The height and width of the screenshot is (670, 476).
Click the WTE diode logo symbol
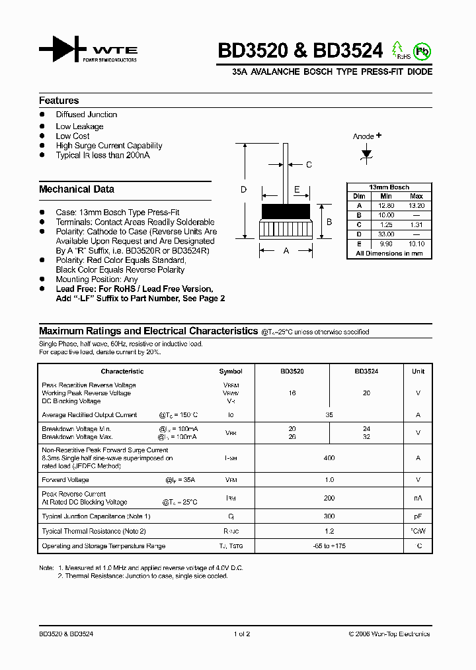[x=62, y=50]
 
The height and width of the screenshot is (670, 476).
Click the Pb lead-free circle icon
[x=421, y=51]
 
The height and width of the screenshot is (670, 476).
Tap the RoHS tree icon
[x=398, y=50]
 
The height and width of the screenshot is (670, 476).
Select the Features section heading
[x=59, y=101]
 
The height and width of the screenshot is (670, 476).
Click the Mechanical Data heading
[x=77, y=189]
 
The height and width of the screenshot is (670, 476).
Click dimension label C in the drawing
[x=308, y=165]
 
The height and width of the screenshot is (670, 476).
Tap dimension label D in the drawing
[x=243, y=190]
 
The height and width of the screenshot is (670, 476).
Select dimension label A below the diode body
[x=286, y=251]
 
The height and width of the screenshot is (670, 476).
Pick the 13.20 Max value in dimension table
[x=416, y=206]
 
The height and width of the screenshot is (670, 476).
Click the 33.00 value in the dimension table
[x=387, y=234]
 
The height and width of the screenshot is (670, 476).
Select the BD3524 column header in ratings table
[x=366, y=371]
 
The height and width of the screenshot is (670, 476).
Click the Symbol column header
[x=231, y=371]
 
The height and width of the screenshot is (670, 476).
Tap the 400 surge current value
[x=329, y=457]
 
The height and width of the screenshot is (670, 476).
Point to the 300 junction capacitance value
[x=329, y=516]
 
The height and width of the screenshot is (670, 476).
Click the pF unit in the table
[x=418, y=516]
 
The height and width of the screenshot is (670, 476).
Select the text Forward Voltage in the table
[x=65, y=479]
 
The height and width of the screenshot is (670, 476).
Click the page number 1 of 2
[x=242, y=634]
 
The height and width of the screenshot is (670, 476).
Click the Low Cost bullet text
[x=73, y=136]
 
